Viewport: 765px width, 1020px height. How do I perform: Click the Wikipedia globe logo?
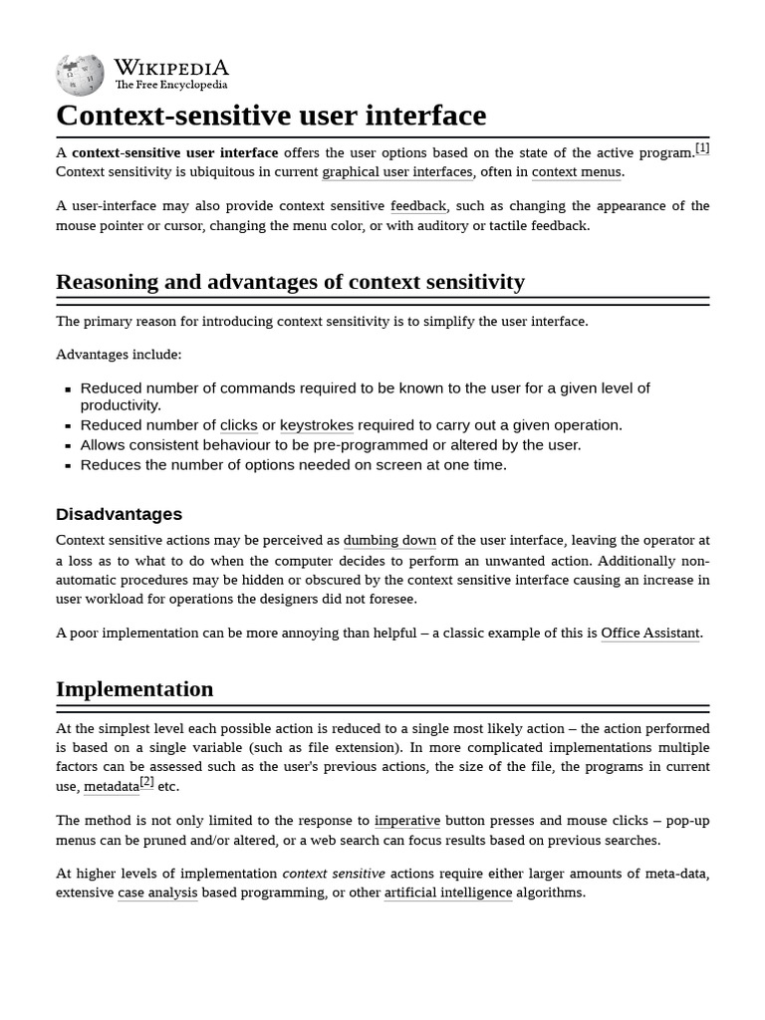80,75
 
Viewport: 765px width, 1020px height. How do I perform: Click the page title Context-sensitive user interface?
271,116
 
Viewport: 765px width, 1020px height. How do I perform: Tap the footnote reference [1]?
702,148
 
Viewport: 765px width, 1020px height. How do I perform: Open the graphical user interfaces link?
396,172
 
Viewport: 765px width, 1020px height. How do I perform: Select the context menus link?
577,172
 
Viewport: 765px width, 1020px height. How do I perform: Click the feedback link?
418,206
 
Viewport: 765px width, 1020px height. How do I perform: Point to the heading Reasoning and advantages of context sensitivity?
290,282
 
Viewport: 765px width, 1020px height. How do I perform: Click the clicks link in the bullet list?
238,425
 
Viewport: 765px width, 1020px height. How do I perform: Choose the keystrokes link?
316,425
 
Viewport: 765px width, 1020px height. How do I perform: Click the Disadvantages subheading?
119,514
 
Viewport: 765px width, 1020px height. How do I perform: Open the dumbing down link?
389,541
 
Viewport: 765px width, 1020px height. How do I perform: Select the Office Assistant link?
650,634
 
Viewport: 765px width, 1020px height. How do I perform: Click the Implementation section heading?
134,689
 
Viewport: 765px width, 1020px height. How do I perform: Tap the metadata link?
111,787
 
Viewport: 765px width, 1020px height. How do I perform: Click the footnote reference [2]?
146,782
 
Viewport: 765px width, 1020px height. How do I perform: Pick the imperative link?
406,821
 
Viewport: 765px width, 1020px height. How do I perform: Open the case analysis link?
157,892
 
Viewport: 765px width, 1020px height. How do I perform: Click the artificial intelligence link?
448,892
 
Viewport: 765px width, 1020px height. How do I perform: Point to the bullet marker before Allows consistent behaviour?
68,446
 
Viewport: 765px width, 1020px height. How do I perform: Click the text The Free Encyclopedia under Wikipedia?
170,86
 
